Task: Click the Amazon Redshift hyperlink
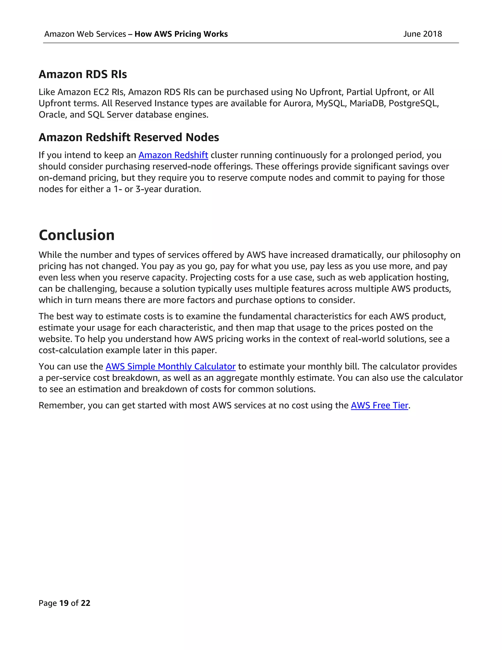173,155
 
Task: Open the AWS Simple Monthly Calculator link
170,366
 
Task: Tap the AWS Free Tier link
379,405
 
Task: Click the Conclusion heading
77,235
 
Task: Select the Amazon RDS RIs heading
83,74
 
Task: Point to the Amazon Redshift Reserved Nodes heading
129,138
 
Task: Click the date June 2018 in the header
422,34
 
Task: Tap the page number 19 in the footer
64,603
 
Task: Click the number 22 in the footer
85,603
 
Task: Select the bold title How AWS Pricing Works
181,34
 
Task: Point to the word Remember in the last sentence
61,405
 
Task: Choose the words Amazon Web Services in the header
85,34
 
